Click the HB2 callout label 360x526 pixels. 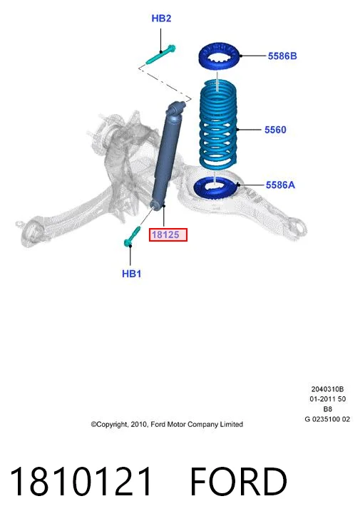click(x=161, y=18)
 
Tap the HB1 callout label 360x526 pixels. click(x=131, y=274)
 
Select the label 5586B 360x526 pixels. click(x=282, y=56)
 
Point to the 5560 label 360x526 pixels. click(x=275, y=130)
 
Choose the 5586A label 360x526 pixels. click(x=280, y=185)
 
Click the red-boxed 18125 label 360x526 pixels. click(x=168, y=234)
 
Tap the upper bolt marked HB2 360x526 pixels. click(x=161, y=54)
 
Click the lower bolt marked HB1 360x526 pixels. click(x=132, y=236)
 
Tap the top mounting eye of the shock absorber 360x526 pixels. click(x=176, y=108)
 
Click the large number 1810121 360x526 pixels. click(x=81, y=481)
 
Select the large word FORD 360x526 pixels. click(x=239, y=481)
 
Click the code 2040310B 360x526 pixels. click(x=327, y=389)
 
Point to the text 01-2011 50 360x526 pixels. click(x=327, y=399)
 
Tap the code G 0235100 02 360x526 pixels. click(x=327, y=419)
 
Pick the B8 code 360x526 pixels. click(x=327, y=409)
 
